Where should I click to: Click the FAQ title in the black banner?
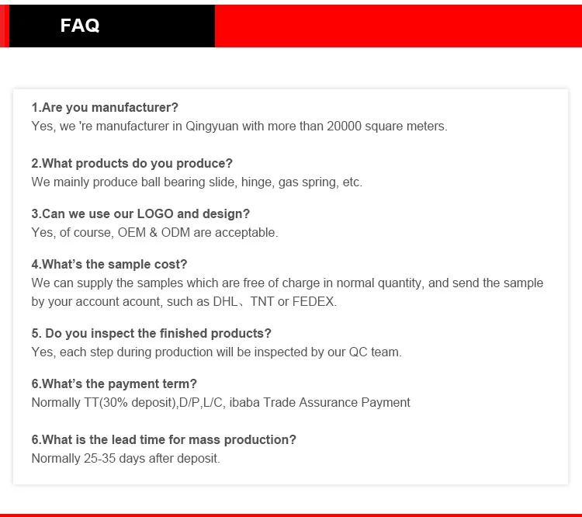pyautogui.click(x=80, y=26)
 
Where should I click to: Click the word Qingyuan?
pyautogui.click(x=212, y=127)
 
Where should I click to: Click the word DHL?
pyautogui.click(x=225, y=301)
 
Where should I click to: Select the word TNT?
pyautogui.click(x=262, y=301)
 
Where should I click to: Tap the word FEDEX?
pyautogui.click(x=314, y=301)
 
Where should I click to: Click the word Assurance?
pyautogui.click(x=328, y=403)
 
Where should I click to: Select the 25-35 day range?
pyautogui.click(x=100, y=458)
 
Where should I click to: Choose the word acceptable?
pyautogui.click(x=247, y=233)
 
